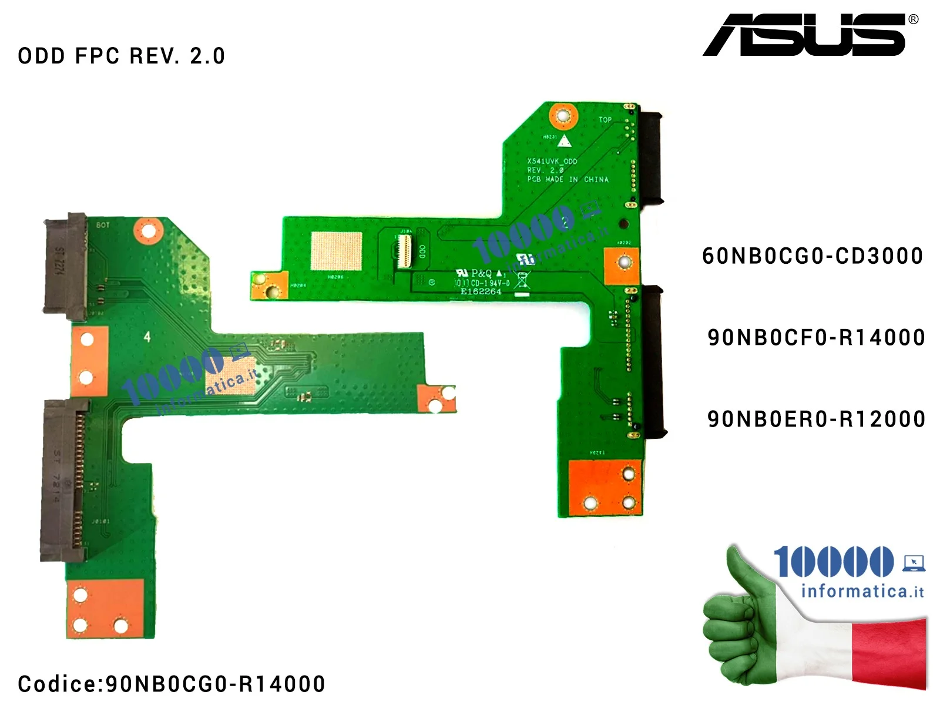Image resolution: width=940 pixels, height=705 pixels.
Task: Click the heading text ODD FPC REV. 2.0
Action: [121, 56]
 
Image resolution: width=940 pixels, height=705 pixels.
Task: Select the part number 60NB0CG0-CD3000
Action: [812, 256]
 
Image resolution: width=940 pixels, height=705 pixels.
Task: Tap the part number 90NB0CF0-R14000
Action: [816, 338]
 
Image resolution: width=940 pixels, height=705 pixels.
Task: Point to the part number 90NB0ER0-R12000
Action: [816, 419]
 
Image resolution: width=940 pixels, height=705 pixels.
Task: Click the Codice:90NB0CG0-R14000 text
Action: [172, 684]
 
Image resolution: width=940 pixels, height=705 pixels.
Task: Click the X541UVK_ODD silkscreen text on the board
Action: [552, 161]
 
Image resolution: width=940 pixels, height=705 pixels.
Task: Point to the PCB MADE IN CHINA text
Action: [567, 179]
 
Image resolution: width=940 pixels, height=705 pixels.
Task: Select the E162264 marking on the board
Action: [481, 291]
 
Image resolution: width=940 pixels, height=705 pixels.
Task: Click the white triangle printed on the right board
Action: [564, 141]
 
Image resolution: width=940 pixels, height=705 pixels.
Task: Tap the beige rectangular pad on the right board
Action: [336, 251]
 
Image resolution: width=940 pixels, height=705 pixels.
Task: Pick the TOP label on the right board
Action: [605, 120]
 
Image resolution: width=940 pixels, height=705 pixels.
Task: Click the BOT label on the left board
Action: [103, 225]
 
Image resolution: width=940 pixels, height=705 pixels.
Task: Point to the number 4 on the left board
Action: [147, 337]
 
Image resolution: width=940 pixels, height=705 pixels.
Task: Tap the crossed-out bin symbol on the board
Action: [522, 280]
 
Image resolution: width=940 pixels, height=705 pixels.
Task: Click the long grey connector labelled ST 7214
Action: [62, 479]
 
